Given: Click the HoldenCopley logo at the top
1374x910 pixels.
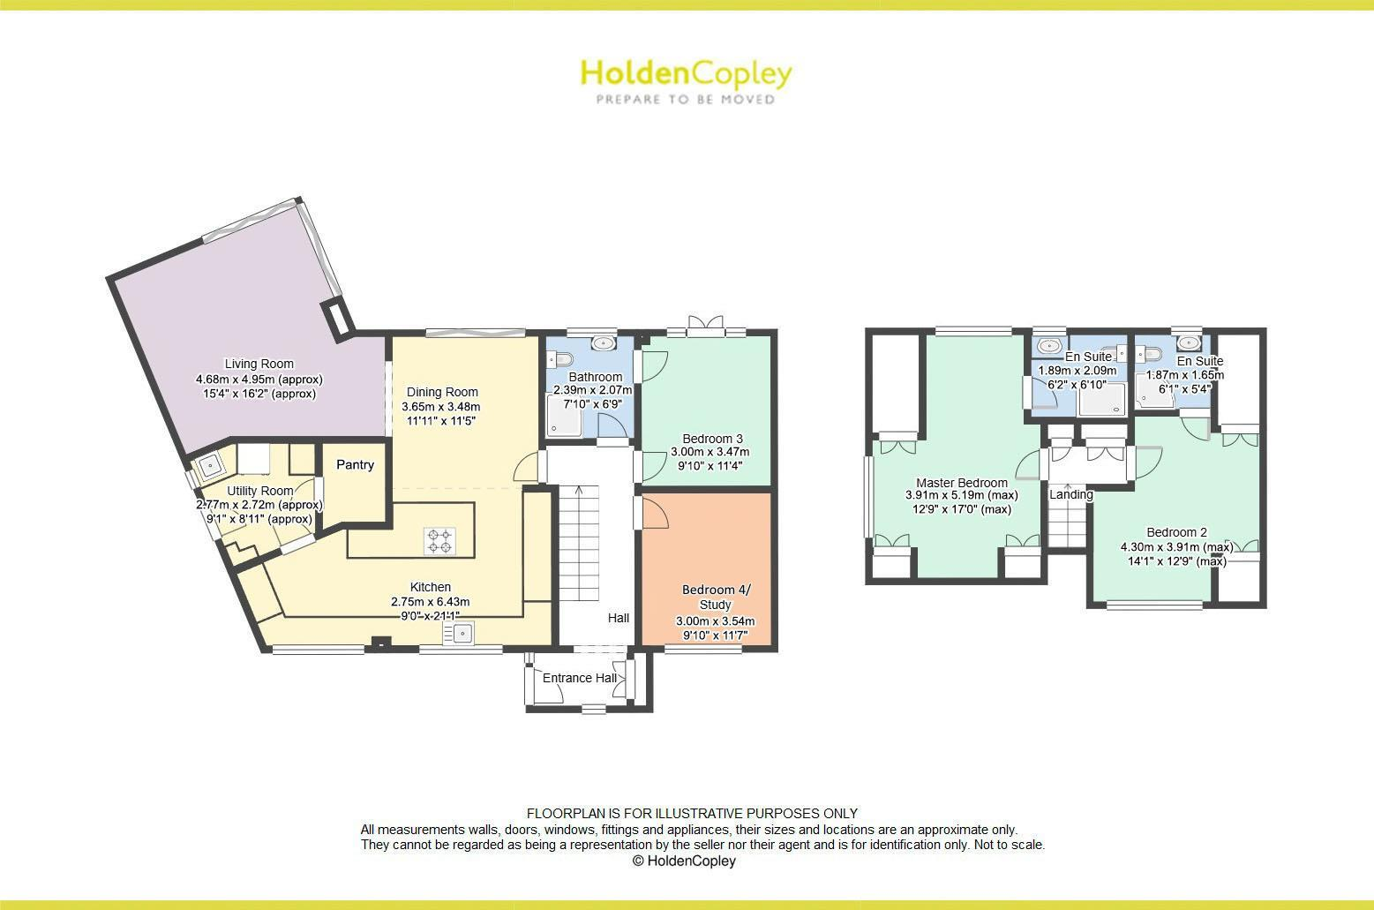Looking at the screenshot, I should pyautogui.click(x=686, y=81).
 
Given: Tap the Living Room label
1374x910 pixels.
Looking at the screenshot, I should pyautogui.click(x=259, y=364).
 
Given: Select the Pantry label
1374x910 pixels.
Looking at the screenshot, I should pyautogui.click(x=355, y=465).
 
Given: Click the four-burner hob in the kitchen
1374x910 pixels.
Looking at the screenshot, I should pyautogui.click(x=439, y=540).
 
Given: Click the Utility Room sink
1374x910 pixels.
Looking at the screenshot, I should pyautogui.click(x=211, y=463).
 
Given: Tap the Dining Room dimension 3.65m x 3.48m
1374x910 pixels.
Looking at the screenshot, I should pyautogui.click(x=440, y=407).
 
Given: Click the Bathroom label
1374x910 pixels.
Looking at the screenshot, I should pyautogui.click(x=596, y=377).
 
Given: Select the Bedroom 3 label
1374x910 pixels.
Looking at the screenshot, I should pyautogui.click(x=712, y=439).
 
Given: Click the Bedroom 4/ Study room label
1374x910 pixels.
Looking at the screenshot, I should pyautogui.click(x=715, y=597).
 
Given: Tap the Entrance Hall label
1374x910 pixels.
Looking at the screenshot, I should pyautogui.click(x=579, y=678).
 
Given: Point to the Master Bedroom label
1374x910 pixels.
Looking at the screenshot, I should pyautogui.click(x=961, y=483).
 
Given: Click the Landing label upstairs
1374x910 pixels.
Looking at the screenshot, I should pyautogui.click(x=1070, y=494).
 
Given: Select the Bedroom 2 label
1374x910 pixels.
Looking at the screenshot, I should pyautogui.click(x=1176, y=532).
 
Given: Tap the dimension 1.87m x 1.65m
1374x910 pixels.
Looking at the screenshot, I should pyautogui.click(x=1184, y=375).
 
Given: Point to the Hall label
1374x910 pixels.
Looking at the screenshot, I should pyautogui.click(x=618, y=618).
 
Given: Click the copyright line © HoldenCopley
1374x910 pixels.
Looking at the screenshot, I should pyautogui.click(x=684, y=861).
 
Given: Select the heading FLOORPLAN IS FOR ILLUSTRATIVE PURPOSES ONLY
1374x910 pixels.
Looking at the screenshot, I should pyautogui.click(x=692, y=814).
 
